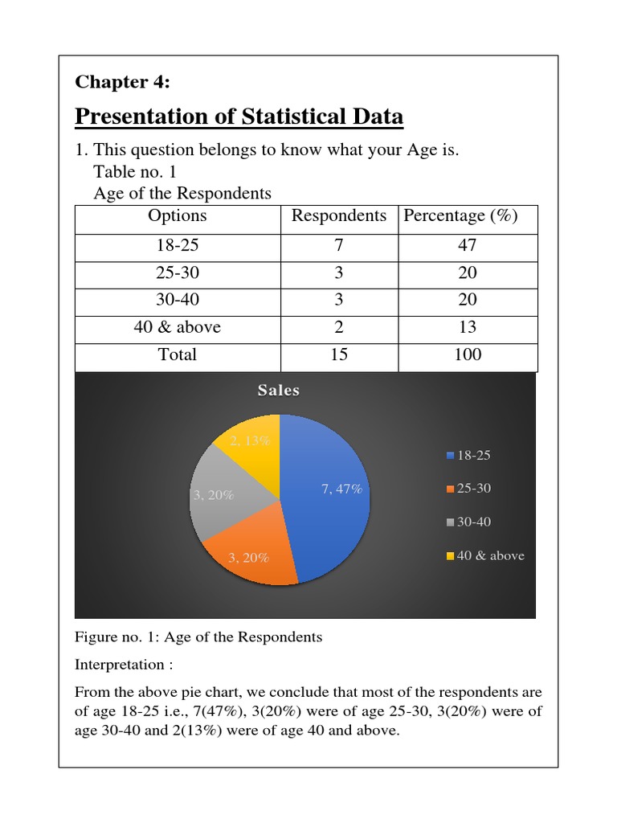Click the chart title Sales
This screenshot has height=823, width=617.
coord(278,391)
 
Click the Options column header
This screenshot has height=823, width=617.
coord(178,216)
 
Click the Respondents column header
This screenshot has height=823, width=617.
coord(339,216)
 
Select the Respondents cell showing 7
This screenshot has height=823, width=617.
coord(339,245)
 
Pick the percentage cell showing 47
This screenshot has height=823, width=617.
coord(467,245)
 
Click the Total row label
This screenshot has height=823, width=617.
coord(178,354)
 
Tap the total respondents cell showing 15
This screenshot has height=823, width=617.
coord(339,354)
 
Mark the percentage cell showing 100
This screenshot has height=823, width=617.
coord(467,354)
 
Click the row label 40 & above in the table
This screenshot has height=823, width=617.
coord(178,327)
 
